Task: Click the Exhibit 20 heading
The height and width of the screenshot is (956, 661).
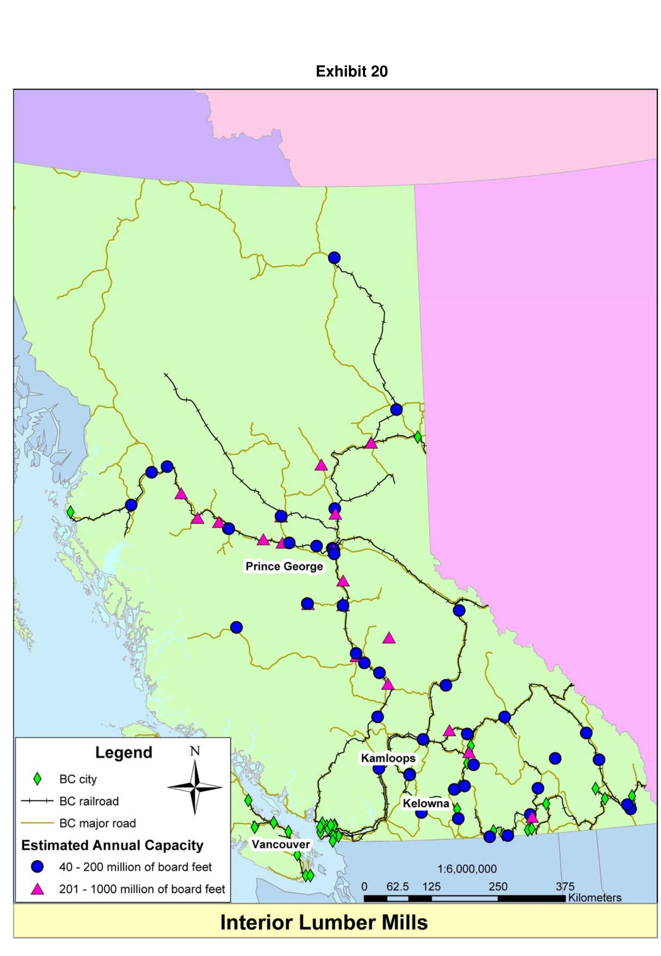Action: pos(351,72)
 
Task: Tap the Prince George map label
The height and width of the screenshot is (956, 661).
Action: pos(284,566)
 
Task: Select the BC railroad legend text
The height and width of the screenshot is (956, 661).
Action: pos(89,801)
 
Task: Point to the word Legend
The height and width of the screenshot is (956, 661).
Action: pos(124,752)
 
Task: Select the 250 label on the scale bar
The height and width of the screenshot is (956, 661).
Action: pos(498,886)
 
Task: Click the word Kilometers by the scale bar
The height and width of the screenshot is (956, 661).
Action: pos(595,897)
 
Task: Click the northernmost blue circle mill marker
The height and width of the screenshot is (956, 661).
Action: pos(334,258)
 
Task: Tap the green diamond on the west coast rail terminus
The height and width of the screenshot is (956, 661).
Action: pos(70,512)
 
